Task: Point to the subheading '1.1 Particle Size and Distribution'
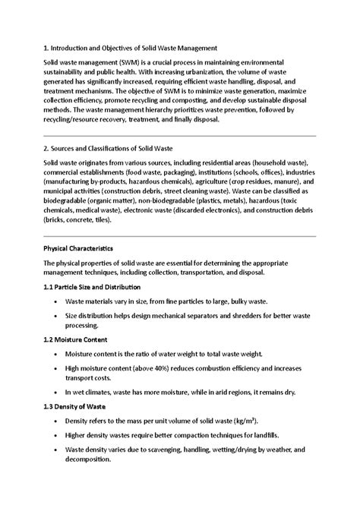[x=92, y=287]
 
